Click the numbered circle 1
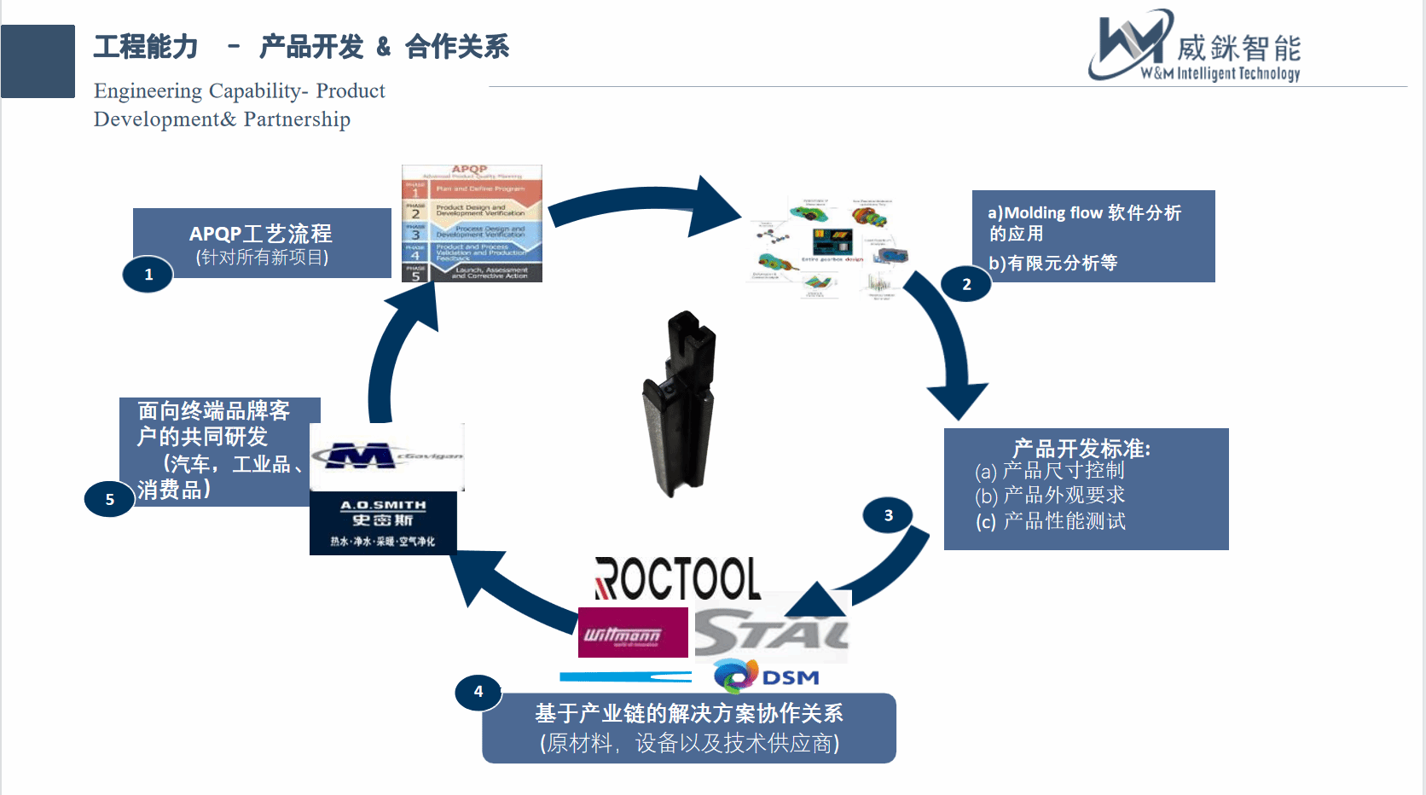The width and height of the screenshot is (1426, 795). tap(148, 275)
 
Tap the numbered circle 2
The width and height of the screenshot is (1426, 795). tap(965, 284)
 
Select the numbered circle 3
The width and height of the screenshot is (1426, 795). tap(888, 515)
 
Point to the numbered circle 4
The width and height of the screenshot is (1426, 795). tap(478, 692)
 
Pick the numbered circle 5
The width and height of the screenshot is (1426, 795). tap(109, 499)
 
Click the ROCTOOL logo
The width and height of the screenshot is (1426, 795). tap(677, 579)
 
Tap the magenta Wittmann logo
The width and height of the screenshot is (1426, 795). tap(632, 633)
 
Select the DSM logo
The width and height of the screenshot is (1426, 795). tap(766, 676)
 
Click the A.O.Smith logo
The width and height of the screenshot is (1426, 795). tap(383, 523)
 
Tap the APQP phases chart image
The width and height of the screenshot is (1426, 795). tap(472, 223)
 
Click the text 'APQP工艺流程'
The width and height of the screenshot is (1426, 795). tap(261, 233)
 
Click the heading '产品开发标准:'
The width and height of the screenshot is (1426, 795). tap(1081, 449)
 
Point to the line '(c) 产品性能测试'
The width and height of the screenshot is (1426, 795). tap(1051, 521)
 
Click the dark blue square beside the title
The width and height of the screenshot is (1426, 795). tap(38, 61)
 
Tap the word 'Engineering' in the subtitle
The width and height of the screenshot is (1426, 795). tap(148, 91)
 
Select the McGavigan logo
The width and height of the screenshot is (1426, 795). tap(386, 456)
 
